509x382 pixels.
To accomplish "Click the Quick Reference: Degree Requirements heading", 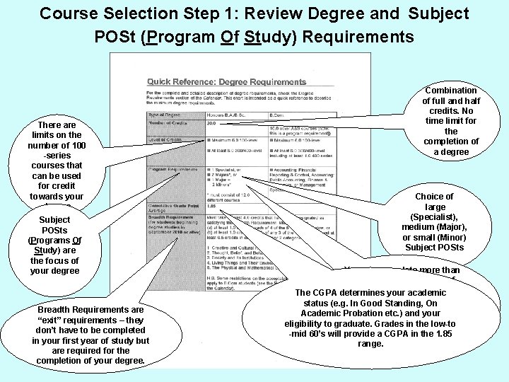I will coord(226,82).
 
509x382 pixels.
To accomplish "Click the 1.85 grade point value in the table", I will coord(211,205).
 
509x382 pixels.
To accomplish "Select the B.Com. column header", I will coord(280,113).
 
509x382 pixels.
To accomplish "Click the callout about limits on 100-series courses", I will coord(56,160).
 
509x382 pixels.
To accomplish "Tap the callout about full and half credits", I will coord(451,121).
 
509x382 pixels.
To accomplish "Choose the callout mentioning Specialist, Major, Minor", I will coord(434,221).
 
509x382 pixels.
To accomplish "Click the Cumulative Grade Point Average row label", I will coord(172,203).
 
